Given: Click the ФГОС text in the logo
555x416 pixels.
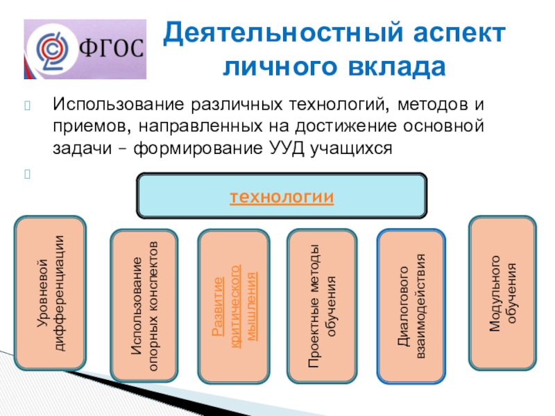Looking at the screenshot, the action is pyautogui.click(x=112, y=48).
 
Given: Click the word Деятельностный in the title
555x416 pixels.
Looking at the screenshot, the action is pyautogui.click(x=283, y=33).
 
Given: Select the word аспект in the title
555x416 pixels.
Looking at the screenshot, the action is pyautogui.click(x=459, y=33).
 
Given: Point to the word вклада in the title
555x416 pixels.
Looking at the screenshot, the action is pyautogui.click(x=396, y=67).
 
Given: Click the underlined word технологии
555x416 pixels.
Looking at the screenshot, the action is pyautogui.click(x=282, y=197).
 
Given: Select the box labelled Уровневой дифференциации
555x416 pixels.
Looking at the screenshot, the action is pyautogui.click(x=50, y=293).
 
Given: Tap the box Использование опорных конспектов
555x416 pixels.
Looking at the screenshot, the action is pyautogui.click(x=144, y=306).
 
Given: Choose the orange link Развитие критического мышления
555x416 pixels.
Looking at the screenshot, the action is pyautogui.click(x=234, y=306).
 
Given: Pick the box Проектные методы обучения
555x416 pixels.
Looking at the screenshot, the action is pyautogui.click(x=322, y=306).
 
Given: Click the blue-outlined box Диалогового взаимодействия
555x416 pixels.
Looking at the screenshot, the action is pyautogui.click(x=411, y=306).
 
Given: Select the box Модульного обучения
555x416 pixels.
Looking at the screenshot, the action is pyautogui.click(x=502, y=293).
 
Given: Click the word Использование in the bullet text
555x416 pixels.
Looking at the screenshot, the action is pyautogui.click(x=119, y=105).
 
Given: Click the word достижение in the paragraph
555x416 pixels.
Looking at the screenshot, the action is pyautogui.click(x=345, y=126).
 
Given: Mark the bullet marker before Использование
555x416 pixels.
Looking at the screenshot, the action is pyautogui.click(x=28, y=105).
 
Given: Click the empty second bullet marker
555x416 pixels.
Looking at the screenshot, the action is pyautogui.click(x=28, y=174).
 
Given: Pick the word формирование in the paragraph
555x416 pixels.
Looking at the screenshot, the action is pyautogui.click(x=198, y=148).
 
